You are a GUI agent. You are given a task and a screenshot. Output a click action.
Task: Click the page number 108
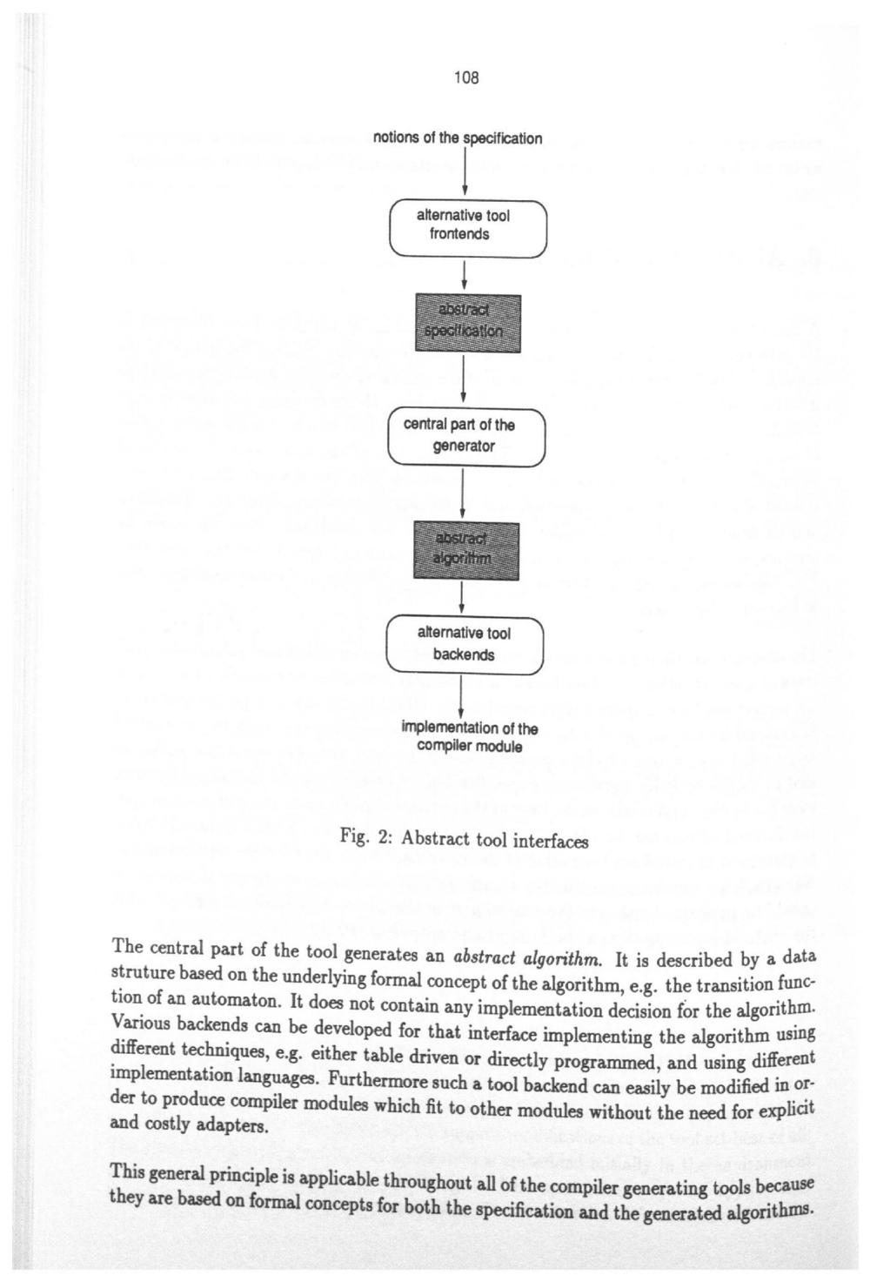pyautogui.click(x=466, y=78)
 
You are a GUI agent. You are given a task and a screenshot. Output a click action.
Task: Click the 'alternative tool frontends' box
pyautogui.click(x=466, y=227)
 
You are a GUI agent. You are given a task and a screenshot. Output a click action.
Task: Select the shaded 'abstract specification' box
pyautogui.click(x=468, y=322)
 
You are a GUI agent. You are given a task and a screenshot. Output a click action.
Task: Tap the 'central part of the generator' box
pyautogui.click(x=466, y=436)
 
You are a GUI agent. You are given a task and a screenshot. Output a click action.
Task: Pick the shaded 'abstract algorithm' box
pyautogui.click(x=465, y=550)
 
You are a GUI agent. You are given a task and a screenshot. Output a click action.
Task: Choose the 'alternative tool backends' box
pyautogui.click(x=464, y=644)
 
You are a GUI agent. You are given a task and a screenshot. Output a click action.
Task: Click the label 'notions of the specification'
pyautogui.click(x=458, y=138)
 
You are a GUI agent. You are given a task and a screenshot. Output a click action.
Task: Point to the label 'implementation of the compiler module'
pyautogui.click(x=469, y=737)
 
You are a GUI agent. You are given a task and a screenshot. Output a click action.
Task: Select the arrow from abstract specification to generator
pyautogui.click(x=466, y=380)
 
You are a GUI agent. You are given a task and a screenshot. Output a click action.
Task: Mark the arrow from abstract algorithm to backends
pyautogui.click(x=461, y=598)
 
